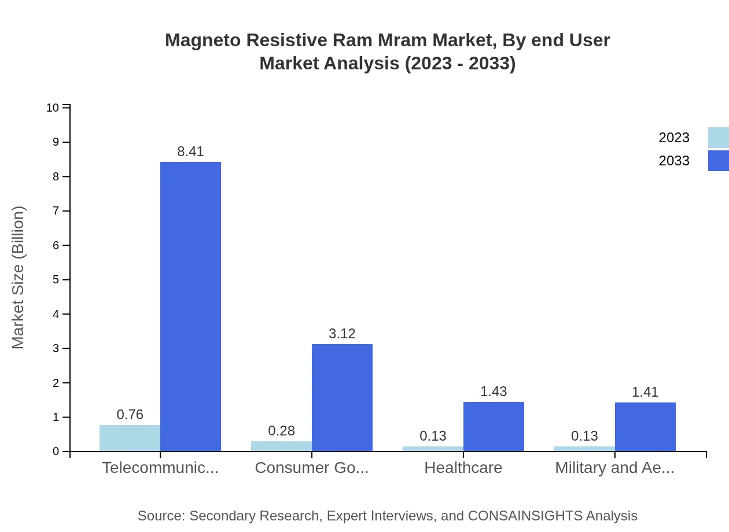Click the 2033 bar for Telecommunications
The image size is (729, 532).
(x=190, y=306)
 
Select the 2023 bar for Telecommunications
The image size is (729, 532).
(x=130, y=438)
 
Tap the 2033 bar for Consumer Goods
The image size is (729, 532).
(x=342, y=398)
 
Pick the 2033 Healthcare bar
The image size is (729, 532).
(x=494, y=427)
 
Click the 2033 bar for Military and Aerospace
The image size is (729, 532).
(x=645, y=427)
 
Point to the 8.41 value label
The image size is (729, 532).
(x=190, y=152)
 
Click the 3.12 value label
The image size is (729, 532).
(x=342, y=334)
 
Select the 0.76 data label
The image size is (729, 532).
(x=130, y=415)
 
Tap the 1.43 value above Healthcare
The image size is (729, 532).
(x=494, y=391)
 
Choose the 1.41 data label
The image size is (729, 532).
(x=645, y=392)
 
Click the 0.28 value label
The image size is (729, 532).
(x=281, y=431)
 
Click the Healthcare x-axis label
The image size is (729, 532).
(x=463, y=468)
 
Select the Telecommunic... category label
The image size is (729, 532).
(x=160, y=468)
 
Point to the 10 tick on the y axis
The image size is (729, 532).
(x=53, y=108)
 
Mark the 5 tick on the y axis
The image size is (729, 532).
(x=56, y=280)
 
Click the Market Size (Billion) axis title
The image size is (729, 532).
(x=18, y=278)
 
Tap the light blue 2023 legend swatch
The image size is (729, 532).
(x=719, y=138)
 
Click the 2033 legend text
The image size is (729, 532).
(x=674, y=161)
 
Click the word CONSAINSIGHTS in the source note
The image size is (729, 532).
(x=525, y=516)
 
